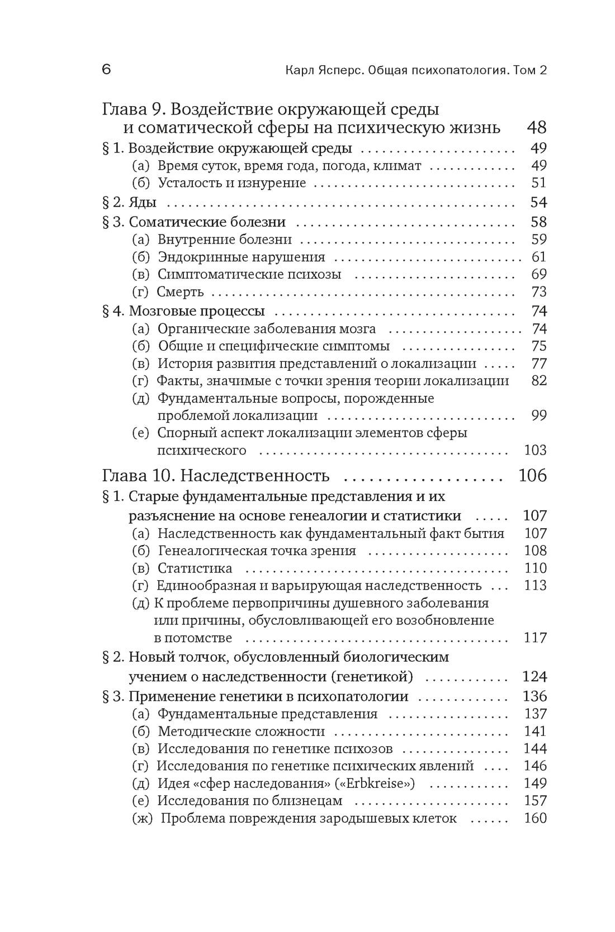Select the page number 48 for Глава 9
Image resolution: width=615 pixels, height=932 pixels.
(536, 127)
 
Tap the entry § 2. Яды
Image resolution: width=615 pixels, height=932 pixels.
(129, 202)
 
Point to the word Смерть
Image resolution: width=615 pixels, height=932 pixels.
(180, 291)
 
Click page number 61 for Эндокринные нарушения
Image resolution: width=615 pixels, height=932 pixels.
(538, 257)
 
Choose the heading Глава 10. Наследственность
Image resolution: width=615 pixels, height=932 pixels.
(216, 476)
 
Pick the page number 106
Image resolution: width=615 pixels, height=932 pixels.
(532, 476)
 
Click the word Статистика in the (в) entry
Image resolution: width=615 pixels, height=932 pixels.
(195, 568)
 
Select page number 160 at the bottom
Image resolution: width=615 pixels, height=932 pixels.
(535, 819)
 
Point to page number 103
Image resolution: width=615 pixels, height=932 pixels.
(535, 450)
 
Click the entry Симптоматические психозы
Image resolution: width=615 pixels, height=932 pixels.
(249, 274)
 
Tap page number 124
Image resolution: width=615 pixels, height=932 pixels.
(534, 677)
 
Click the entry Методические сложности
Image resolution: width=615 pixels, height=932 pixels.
(241, 732)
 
